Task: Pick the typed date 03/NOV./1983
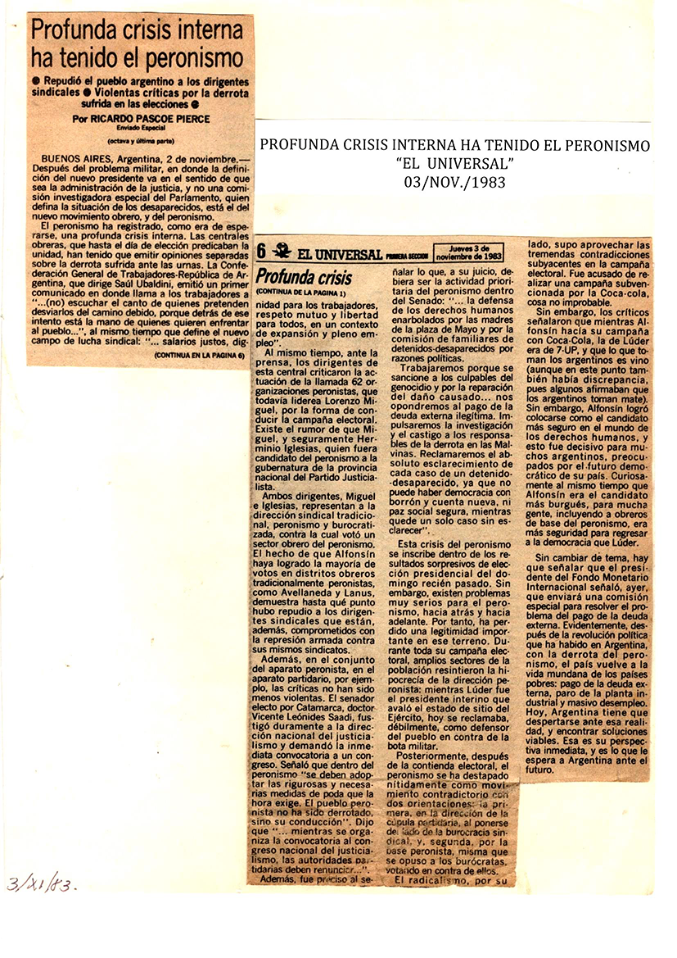pyautogui.click(x=454, y=182)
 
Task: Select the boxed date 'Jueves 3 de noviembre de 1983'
pyautogui.click(x=469, y=251)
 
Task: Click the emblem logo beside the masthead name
pyautogui.click(x=282, y=252)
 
